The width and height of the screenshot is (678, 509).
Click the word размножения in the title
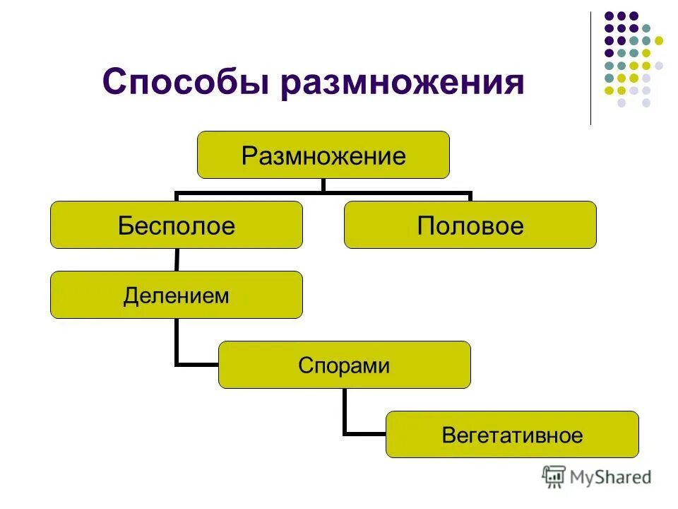(x=403, y=83)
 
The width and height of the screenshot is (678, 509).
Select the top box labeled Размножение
(x=323, y=155)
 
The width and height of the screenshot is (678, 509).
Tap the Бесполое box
(x=176, y=225)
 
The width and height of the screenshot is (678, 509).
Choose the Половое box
(x=470, y=225)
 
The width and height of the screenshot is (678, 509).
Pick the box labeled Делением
(x=176, y=295)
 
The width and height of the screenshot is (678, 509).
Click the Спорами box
(x=344, y=365)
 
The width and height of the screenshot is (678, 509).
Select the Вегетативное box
(x=512, y=435)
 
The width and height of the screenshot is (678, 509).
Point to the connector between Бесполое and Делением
(x=176, y=259)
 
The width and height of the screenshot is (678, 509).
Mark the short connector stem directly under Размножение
(x=323, y=185)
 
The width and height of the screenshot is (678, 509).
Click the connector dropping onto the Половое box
(x=470, y=196)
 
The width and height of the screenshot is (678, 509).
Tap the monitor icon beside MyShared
(x=554, y=477)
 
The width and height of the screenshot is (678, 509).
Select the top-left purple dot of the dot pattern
(x=609, y=16)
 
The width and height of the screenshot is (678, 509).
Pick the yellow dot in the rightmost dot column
(x=659, y=40)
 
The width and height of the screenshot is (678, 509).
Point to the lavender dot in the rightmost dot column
(x=659, y=65)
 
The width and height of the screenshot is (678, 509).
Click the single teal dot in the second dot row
(x=646, y=28)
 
